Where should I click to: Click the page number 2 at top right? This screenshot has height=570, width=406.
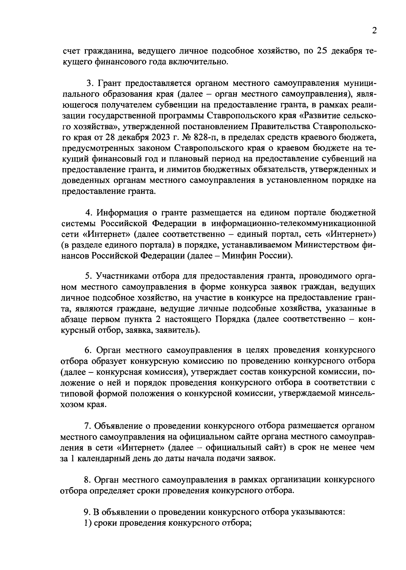coord(374,31)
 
